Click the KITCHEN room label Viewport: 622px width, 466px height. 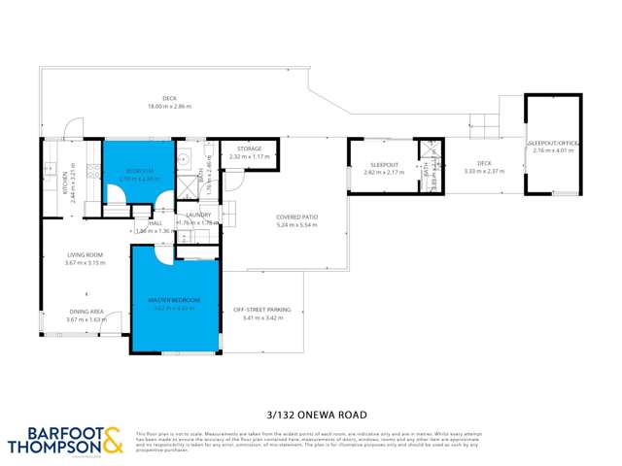point(66,179)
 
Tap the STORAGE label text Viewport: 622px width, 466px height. point(250,149)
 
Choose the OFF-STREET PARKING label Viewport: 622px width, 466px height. point(261,310)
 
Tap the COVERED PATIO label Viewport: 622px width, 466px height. point(297,216)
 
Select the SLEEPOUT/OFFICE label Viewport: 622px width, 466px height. point(554,144)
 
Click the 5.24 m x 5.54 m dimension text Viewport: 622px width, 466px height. point(297,224)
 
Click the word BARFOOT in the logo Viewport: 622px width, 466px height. point(48,433)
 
